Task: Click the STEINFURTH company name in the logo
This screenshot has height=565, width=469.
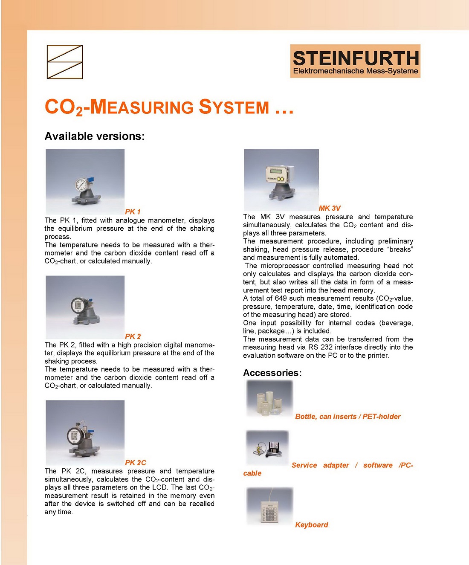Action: click(x=356, y=58)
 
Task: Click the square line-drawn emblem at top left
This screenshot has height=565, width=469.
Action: click(x=65, y=62)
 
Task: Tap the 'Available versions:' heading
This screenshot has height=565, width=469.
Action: click(x=95, y=136)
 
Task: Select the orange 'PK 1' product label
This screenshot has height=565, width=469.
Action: click(x=133, y=212)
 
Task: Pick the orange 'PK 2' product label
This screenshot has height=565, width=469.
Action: click(x=133, y=336)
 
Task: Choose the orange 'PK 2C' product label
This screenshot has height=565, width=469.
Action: click(x=136, y=462)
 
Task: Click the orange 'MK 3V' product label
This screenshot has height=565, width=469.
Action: click(x=330, y=208)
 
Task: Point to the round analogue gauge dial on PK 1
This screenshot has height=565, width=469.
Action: click(x=81, y=185)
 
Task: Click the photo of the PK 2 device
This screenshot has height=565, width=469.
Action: click(x=85, y=307)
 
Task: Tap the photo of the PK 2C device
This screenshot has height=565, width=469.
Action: click(x=85, y=432)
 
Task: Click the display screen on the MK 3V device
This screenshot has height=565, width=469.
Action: click(x=275, y=172)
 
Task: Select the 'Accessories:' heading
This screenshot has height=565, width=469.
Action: click(x=272, y=373)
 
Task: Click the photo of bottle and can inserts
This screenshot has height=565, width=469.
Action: click(x=269, y=399)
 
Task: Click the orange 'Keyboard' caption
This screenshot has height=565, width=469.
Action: click(x=311, y=524)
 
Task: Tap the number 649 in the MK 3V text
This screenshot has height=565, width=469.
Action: click(x=281, y=298)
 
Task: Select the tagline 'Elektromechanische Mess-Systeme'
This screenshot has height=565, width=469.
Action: click(x=356, y=71)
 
